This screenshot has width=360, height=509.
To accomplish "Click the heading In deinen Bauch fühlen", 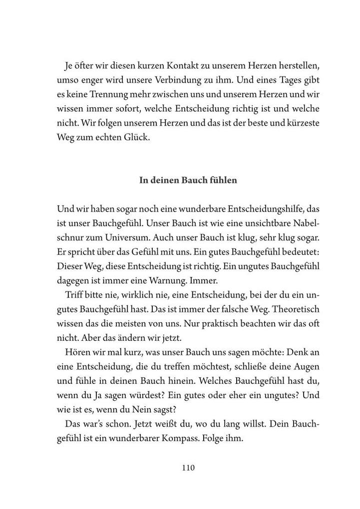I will point(188,181).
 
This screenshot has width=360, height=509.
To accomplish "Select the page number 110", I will point(188,468).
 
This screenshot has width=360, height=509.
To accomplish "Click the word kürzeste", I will point(301,123).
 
